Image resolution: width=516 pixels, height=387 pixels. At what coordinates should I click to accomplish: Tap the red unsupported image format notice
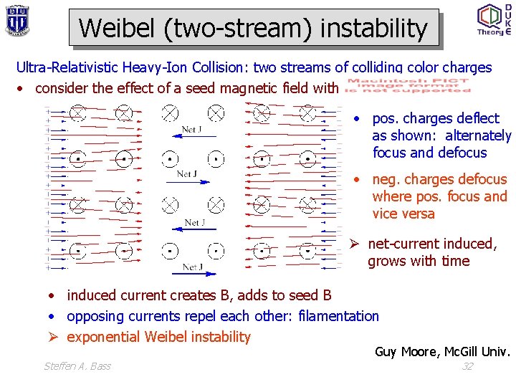(x=408, y=86)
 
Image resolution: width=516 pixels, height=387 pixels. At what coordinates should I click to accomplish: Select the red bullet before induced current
(x=54, y=295)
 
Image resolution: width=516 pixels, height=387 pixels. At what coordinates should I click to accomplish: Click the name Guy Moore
(x=406, y=351)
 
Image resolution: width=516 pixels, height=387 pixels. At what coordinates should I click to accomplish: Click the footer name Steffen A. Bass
(x=77, y=366)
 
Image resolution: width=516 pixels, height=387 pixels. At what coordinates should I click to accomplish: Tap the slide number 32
(x=467, y=366)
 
